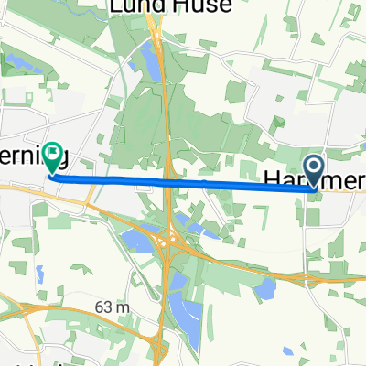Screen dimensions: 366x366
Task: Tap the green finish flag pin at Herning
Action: point(55,157)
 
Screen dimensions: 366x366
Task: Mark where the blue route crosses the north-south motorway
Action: point(167,181)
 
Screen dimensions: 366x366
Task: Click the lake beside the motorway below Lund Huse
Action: point(147,60)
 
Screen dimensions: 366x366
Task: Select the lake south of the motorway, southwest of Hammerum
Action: point(265,290)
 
